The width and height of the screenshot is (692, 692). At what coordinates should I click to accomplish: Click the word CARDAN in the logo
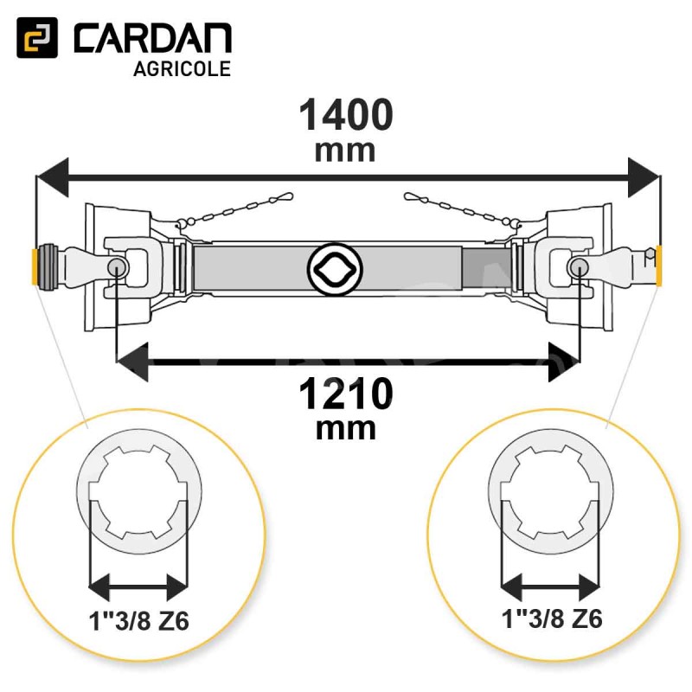152,38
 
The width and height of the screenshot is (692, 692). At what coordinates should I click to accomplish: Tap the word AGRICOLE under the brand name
183,69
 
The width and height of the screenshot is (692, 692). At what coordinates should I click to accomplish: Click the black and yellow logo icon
37,37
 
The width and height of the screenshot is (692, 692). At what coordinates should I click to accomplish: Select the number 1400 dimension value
346,115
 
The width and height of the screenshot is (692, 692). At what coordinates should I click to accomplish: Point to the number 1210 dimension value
346,394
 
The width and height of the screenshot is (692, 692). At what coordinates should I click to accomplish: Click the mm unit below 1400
345,151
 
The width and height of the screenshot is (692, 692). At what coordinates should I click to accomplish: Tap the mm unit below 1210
346,429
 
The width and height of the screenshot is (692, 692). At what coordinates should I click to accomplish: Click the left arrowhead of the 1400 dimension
53,177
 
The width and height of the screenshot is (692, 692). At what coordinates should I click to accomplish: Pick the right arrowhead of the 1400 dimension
644,177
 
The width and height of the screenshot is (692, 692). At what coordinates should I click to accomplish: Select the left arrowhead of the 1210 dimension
132,362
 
